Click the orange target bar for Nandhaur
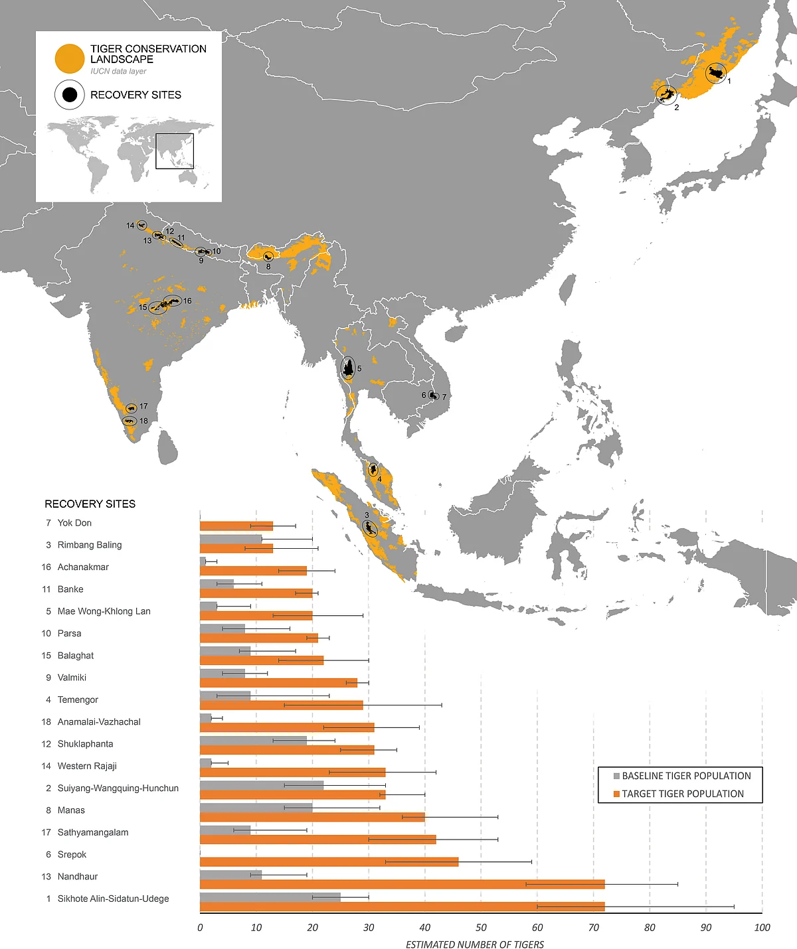[402, 884]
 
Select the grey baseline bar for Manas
[256, 808]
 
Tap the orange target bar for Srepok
[329, 862]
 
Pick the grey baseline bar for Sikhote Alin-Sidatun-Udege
[270, 897]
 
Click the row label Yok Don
[74, 523]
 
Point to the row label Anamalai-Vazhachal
[99, 722]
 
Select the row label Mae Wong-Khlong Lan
[104, 611]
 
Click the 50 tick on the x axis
[481, 928]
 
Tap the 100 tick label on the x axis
[762, 928]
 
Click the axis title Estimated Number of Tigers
[474, 944]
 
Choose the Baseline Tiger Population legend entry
[686, 776]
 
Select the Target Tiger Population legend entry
[682, 794]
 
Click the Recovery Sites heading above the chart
[90, 504]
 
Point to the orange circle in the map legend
[69, 58]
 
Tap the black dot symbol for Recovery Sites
[69, 95]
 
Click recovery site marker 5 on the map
[348, 368]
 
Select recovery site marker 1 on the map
[715, 73]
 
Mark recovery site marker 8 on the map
[268, 257]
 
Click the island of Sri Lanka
[169, 448]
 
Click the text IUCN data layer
[118, 71]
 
